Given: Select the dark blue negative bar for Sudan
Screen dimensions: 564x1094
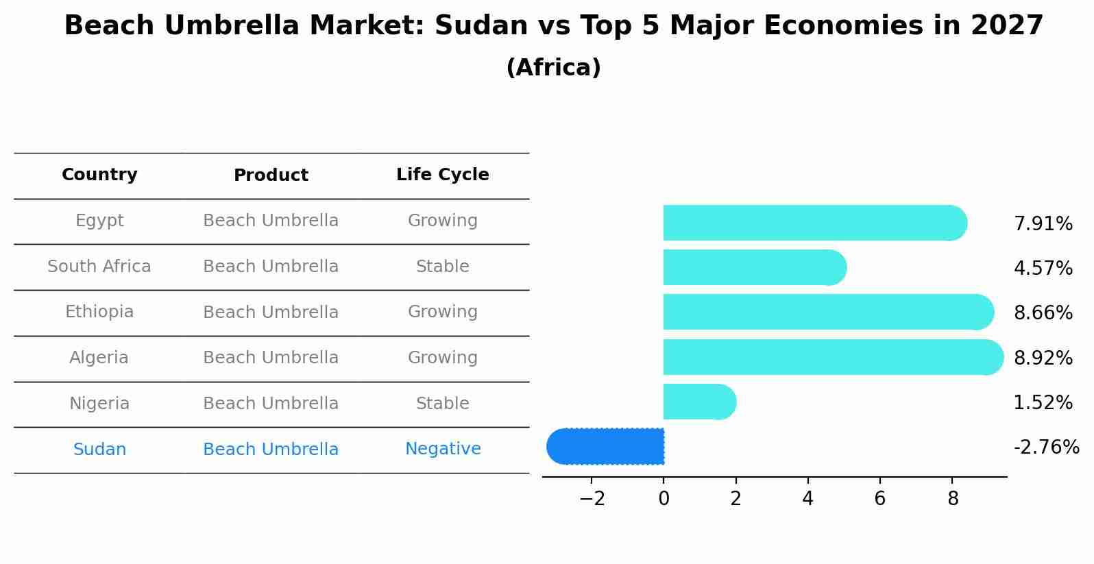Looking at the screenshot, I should pos(606,446).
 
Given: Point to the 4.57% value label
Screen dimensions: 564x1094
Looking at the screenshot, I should pos(1043,268).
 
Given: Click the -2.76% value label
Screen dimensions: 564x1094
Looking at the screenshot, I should pos(1046,447).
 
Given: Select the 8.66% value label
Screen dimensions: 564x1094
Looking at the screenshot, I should pos(1043,313).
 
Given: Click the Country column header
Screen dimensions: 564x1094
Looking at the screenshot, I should pos(99,175).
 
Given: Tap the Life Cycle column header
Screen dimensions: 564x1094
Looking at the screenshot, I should pos(443,175).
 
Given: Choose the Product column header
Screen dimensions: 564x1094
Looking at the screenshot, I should pos(271,175).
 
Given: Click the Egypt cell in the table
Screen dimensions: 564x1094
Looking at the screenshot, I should pos(99,221).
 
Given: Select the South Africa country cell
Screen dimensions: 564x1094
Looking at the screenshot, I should pos(99,267).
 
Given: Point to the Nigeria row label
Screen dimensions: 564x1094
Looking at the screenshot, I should pos(99,404).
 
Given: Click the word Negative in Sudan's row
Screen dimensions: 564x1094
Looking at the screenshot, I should pos(443,449).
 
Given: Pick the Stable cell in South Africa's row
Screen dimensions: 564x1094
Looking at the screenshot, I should pos(443,267).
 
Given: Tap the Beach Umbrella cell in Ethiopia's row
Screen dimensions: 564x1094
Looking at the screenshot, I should pos(271,312).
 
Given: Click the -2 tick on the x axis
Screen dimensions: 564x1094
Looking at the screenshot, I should pos(592,498).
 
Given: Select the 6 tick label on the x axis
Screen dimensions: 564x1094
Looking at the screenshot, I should pos(879,498).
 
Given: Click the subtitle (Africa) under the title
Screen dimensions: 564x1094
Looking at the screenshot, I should pos(553,68).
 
